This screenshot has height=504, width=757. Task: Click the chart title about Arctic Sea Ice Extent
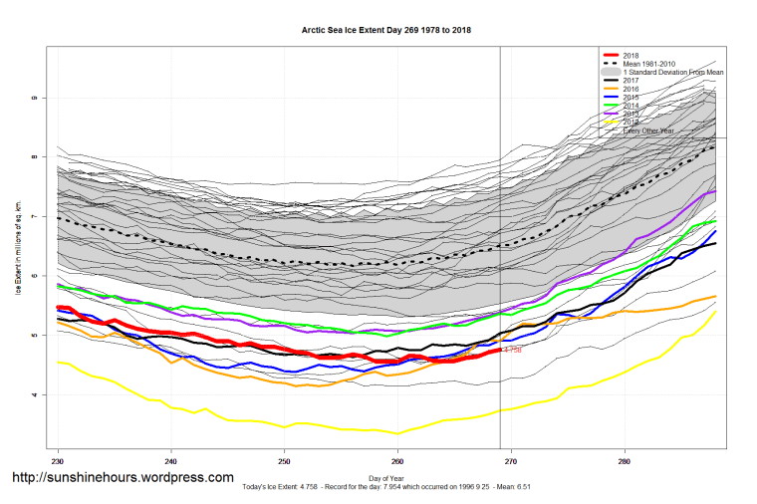(386, 31)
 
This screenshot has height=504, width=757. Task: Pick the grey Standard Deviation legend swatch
(610, 73)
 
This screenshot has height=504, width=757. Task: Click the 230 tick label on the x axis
(58, 461)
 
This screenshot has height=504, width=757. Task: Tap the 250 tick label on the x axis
(284, 461)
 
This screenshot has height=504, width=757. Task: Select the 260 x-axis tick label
(397, 461)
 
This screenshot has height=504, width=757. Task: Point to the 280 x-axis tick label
(624, 461)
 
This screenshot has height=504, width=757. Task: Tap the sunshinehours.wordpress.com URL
(123, 479)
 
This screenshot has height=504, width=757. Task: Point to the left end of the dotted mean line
(59, 218)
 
